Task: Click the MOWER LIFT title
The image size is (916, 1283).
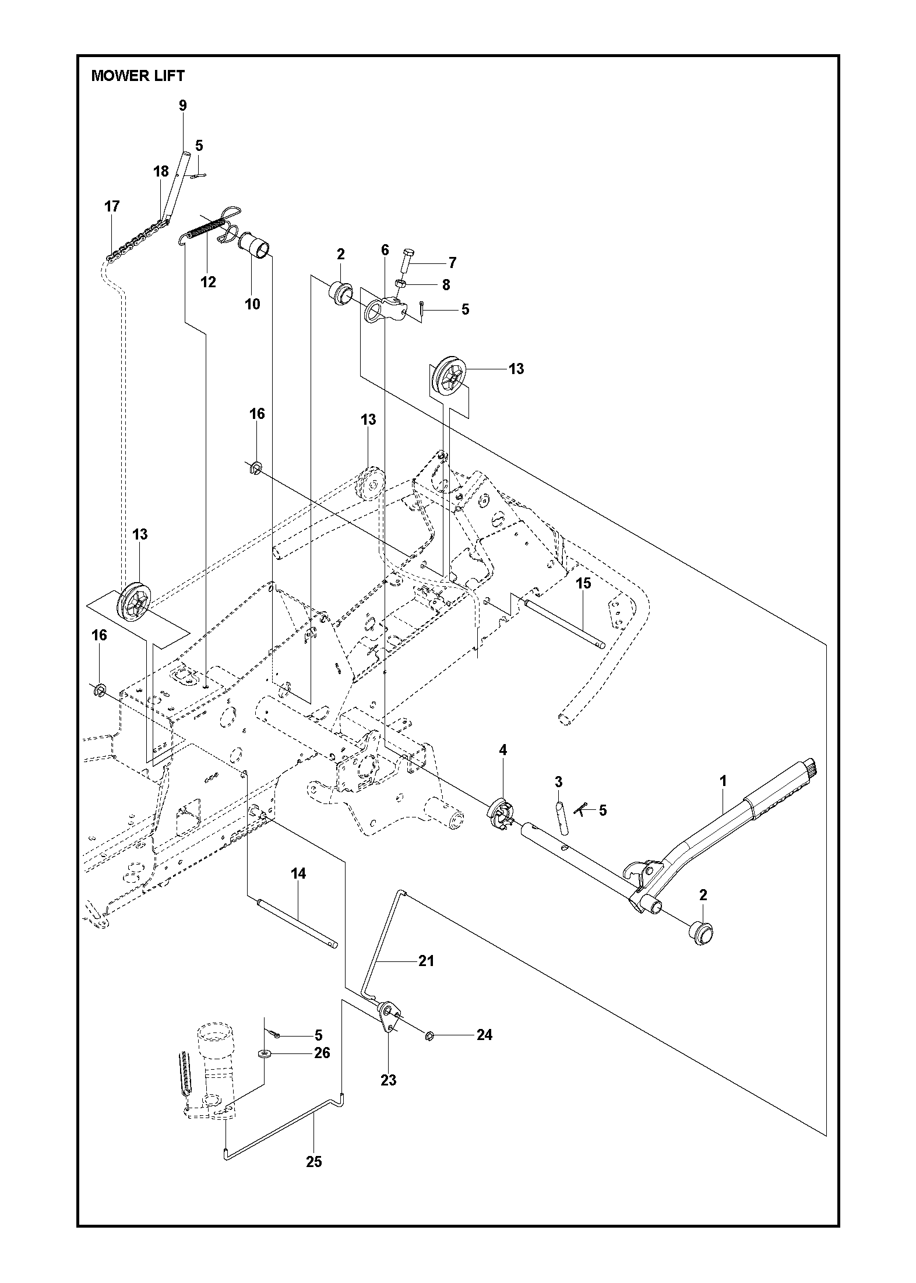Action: (x=138, y=76)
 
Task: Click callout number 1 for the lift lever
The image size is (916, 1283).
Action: (x=724, y=781)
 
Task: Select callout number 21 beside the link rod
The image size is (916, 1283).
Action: (x=426, y=961)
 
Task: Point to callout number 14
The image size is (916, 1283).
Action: (x=299, y=890)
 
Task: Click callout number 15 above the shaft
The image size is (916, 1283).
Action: (x=583, y=583)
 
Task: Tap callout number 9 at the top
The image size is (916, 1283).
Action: (x=183, y=105)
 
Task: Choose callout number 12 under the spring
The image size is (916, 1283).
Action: (x=208, y=282)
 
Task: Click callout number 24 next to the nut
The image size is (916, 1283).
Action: (x=484, y=1035)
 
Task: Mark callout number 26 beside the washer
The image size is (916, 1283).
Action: (x=322, y=1053)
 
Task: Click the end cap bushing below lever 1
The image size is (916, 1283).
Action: (x=702, y=934)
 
